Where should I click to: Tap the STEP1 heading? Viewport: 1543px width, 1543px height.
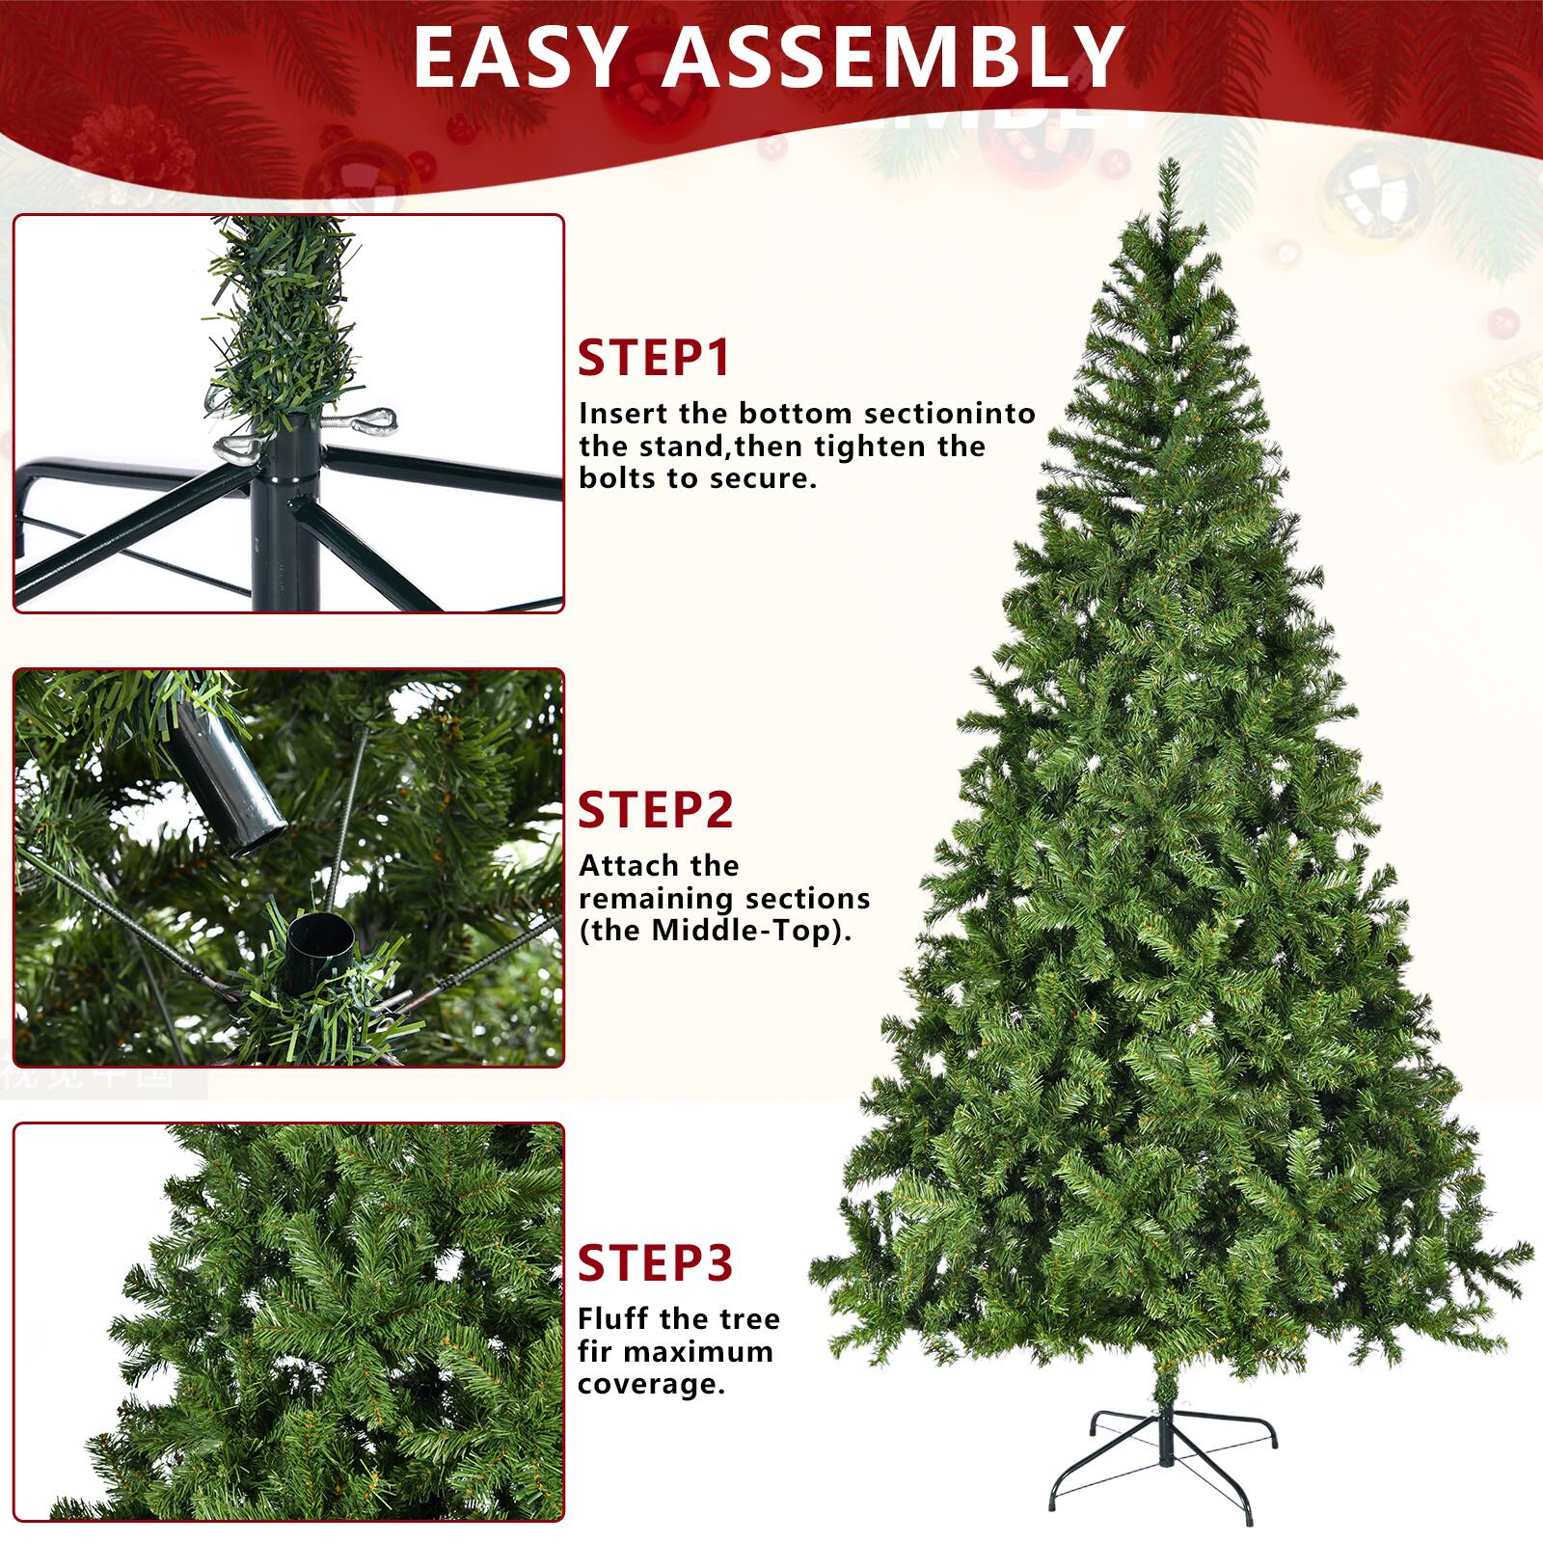pos(655,358)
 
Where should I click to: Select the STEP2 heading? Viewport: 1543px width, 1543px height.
pos(656,810)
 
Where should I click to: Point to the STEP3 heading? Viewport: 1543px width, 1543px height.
pos(656,1263)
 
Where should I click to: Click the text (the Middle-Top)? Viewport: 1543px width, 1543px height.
pos(716,932)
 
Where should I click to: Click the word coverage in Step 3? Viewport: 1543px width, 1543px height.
pos(651,1385)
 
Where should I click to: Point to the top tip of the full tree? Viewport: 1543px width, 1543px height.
pos(1170,160)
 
